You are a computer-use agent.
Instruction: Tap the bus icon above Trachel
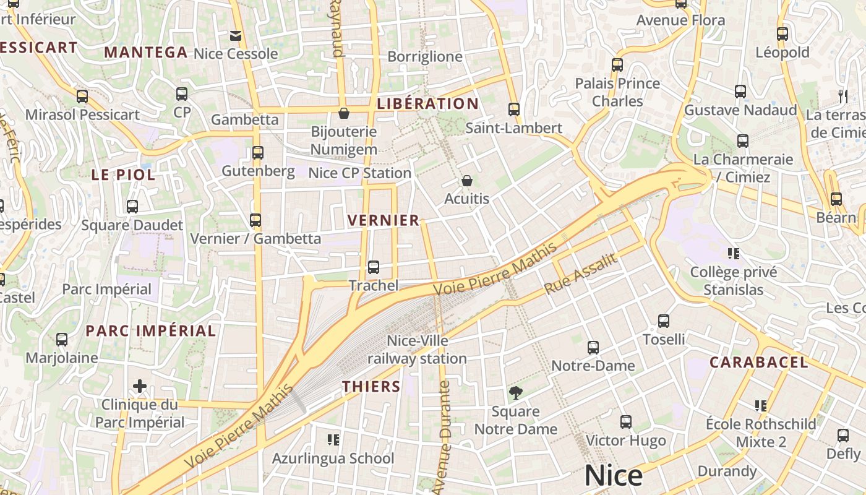tap(373, 267)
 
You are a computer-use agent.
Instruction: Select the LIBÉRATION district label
tap(428, 103)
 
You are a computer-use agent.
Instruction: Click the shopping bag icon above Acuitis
tap(466, 181)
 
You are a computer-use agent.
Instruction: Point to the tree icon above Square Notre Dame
tap(515, 392)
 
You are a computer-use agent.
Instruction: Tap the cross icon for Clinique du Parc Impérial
tap(140, 387)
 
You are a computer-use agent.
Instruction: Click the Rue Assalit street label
tap(581, 274)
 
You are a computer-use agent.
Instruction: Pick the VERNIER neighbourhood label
tap(384, 220)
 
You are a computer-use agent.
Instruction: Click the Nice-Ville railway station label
tap(418, 350)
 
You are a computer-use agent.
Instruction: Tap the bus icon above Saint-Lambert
tap(513, 110)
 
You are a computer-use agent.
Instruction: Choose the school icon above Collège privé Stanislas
tap(734, 253)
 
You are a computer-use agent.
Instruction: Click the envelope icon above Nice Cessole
tap(235, 35)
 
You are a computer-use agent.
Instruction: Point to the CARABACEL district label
tap(758, 362)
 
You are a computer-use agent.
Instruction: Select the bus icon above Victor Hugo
tap(626, 422)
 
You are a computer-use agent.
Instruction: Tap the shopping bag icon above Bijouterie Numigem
tap(344, 113)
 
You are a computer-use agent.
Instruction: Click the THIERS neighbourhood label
tap(372, 387)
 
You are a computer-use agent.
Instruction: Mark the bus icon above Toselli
tap(664, 321)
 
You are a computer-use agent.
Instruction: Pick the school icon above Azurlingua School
tap(333, 440)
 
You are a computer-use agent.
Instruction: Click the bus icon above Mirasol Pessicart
tap(82, 97)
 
